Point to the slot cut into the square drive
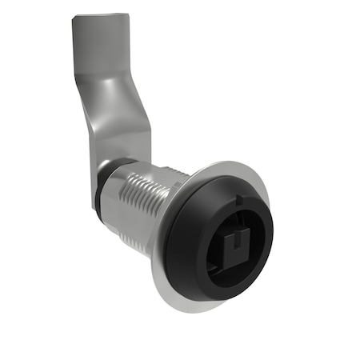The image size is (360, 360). [x=238, y=255]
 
